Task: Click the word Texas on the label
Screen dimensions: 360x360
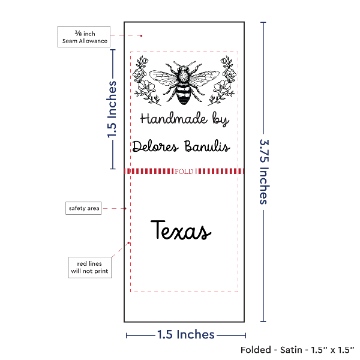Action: (x=181, y=230)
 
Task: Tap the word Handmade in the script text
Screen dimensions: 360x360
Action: (x=174, y=118)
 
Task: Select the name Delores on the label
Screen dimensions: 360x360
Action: (x=155, y=146)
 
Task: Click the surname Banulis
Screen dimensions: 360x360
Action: (x=207, y=146)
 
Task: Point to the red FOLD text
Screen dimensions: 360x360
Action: (x=184, y=172)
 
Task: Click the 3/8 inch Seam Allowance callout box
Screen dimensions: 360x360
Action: (x=84, y=37)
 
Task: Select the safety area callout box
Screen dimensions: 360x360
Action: (x=83, y=208)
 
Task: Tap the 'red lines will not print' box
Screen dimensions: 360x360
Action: (x=90, y=268)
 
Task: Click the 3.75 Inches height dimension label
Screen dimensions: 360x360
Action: (x=264, y=172)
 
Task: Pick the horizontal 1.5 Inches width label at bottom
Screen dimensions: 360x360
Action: (x=186, y=335)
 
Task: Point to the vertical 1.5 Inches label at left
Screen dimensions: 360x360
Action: (x=112, y=109)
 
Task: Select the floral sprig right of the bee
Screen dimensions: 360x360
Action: (x=221, y=80)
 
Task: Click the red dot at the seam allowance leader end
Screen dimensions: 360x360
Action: (x=141, y=36)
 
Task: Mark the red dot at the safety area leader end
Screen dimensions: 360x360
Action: (x=125, y=208)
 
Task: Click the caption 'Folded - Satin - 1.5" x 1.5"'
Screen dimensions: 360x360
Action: (x=298, y=350)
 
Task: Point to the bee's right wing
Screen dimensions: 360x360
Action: (x=204, y=77)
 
